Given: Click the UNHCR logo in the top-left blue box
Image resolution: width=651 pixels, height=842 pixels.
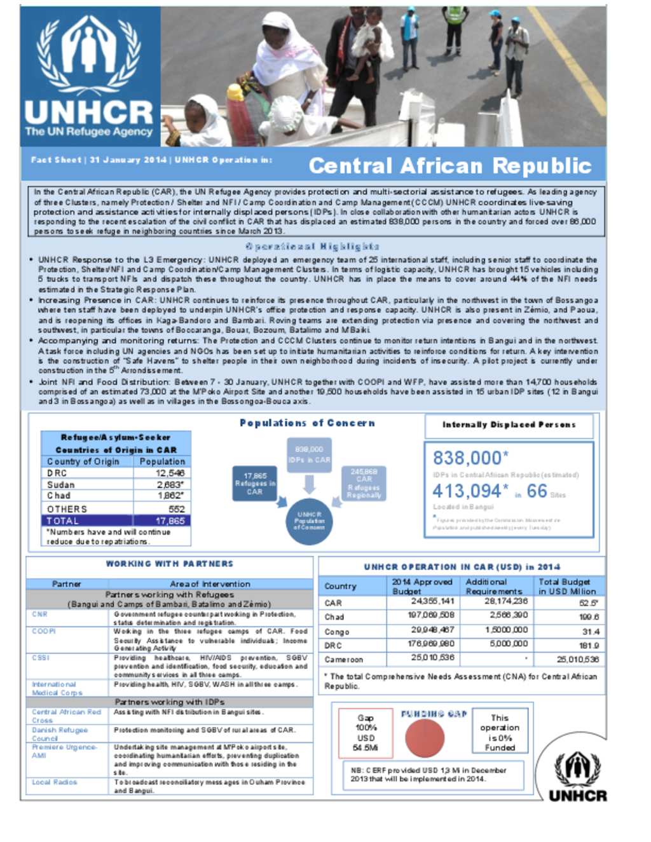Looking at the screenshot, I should [x=89, y=76].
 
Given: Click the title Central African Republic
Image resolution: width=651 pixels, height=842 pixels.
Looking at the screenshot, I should [x=450, y=166].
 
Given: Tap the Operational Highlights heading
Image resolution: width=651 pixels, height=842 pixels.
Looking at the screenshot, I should [x=312, y=247].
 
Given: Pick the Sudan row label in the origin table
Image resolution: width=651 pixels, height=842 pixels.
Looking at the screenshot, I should [x=61, y=485].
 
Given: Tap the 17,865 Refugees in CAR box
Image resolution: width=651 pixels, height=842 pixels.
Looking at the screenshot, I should [x=254, y=484].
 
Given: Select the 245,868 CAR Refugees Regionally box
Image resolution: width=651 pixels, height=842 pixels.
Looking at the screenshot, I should [x=364, y=484].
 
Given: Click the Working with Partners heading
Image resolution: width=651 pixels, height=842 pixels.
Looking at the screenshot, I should [x=169, y=564].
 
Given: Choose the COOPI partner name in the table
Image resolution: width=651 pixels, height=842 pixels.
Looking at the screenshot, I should [x=44, y=632].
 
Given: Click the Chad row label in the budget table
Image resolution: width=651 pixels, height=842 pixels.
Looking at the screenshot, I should [x=334, y=616].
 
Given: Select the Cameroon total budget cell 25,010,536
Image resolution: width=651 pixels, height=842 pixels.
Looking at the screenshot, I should [x=577, y=660].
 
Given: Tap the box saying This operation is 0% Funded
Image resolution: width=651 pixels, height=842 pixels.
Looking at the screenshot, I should [x=500, y=733].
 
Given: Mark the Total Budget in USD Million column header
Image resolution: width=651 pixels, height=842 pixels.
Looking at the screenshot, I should [x=567, y=586].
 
